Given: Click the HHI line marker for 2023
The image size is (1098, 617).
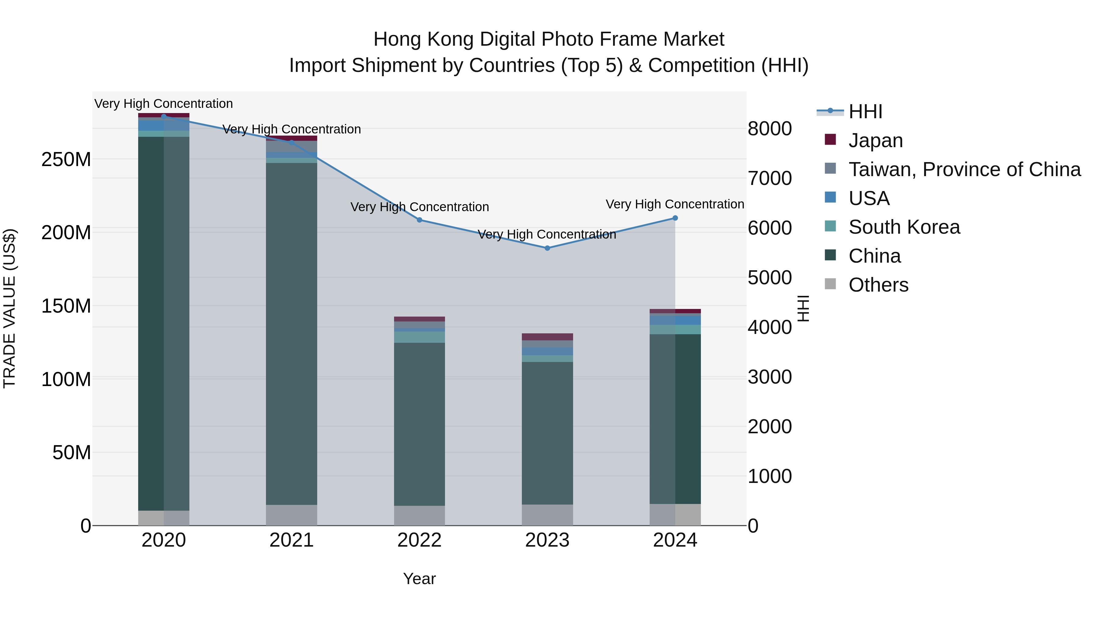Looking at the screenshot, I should tap(547, 248).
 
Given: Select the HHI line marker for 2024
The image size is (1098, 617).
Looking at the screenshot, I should tap(675, 218).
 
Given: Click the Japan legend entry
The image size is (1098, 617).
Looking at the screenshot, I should tap(875, 140).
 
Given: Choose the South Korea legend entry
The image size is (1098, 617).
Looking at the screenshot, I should tap(904, 227).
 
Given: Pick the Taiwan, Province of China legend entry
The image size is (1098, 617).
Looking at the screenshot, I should tap(964, 169).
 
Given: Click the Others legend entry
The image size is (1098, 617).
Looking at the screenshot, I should tap(878, 285).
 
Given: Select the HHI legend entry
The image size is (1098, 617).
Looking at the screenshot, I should tap(865, 112).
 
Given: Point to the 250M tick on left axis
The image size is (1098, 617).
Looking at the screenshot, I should tap(66, 160).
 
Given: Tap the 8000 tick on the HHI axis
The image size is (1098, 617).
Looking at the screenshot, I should tap(770, 129).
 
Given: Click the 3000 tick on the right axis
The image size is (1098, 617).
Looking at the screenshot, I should tap(770, 377).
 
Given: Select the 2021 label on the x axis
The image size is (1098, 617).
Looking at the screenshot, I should tap(292, 540).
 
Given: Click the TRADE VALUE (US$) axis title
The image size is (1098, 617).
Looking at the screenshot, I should tap(9, 308).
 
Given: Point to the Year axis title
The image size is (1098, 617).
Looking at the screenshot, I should tap(419, 579).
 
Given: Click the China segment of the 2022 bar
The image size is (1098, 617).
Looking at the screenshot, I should tap(419, 424).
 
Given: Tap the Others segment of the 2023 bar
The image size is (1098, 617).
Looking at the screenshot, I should tap(547, 515).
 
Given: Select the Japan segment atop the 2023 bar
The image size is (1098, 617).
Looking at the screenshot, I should tap(547, 337).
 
